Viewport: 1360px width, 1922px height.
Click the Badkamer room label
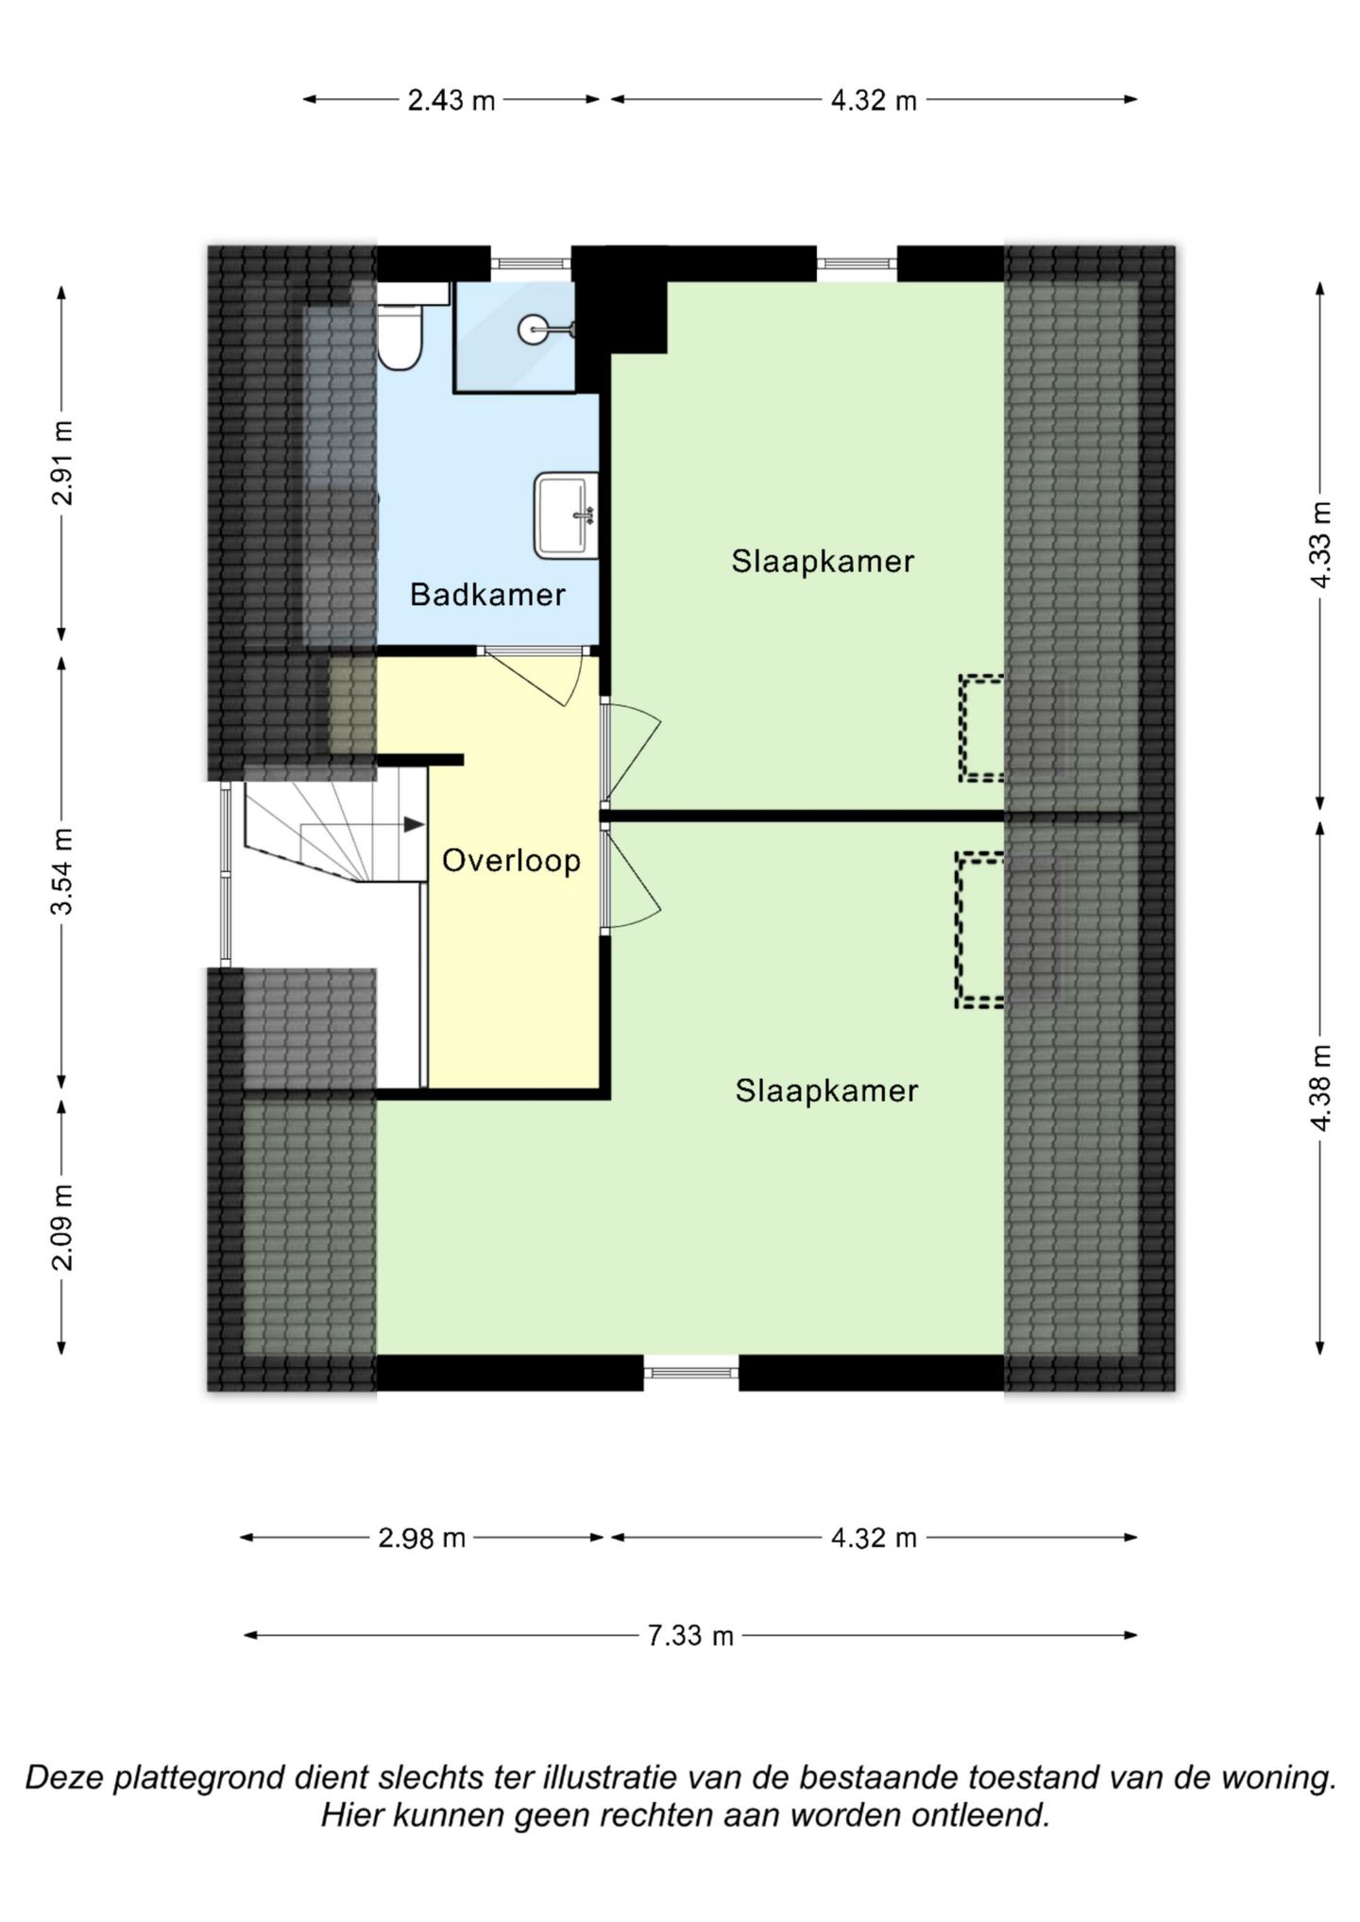(487, 595)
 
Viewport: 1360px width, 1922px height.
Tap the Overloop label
(511, 861)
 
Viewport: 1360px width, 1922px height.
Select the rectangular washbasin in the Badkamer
(566, 515)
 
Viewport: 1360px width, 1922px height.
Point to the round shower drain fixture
(534, 329)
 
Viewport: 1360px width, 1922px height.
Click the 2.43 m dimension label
(451, 100)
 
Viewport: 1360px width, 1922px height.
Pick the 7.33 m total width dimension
(690, 1635)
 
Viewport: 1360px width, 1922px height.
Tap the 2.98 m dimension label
(422, 1538)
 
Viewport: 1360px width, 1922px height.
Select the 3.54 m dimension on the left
(62, 871)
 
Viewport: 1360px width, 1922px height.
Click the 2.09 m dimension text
(62, 1226)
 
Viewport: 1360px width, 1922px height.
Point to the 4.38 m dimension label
(1320, 1087)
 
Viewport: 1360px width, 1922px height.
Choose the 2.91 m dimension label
(62, 462)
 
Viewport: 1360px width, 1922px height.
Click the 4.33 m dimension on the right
(1320, 545)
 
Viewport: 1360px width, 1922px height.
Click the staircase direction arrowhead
(414, 824)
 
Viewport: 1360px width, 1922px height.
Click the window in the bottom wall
(691, 1373)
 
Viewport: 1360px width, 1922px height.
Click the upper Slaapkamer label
(823, 562)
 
